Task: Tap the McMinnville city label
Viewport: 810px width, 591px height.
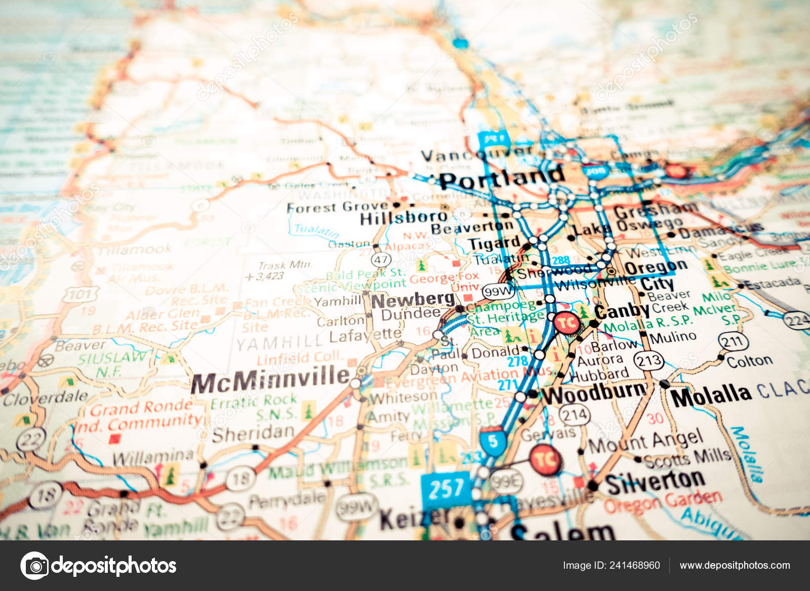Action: coord(270,380)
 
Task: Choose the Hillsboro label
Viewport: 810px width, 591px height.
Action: coord(403,218)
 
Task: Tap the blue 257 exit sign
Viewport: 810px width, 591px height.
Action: coord(445,489)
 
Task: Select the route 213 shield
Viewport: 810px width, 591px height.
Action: coord(649,361)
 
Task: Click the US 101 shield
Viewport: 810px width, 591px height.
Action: coord(80,294)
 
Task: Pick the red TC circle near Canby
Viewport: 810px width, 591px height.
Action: coord(566,323)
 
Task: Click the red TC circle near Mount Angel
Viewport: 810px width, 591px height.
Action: coord(546,460)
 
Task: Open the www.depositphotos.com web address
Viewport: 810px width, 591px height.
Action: coord(735,565)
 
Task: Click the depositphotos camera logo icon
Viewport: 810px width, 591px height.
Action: coord(34,565)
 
